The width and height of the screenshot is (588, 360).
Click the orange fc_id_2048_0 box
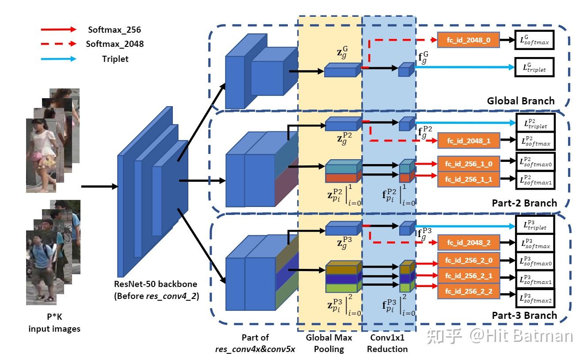coord(469,40)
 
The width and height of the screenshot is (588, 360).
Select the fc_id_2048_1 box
coord(469,141)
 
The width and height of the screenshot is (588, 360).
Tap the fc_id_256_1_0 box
coord(469,164)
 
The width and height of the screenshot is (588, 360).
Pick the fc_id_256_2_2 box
coord(469,292)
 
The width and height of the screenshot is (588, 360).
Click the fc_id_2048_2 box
coord(469,243)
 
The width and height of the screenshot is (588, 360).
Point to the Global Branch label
coord(520,101)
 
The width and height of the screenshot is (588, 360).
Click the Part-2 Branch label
coord(524,203)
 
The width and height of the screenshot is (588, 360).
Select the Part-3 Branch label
coord(524,315)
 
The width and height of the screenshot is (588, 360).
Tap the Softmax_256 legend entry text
coord(115,30)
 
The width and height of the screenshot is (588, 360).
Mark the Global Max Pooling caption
coord(329,343)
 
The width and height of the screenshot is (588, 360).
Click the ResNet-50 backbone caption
coord(155,290)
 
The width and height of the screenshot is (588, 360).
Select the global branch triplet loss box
coord(534,69)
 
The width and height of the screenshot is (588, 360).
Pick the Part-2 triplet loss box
coord(534,124)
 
